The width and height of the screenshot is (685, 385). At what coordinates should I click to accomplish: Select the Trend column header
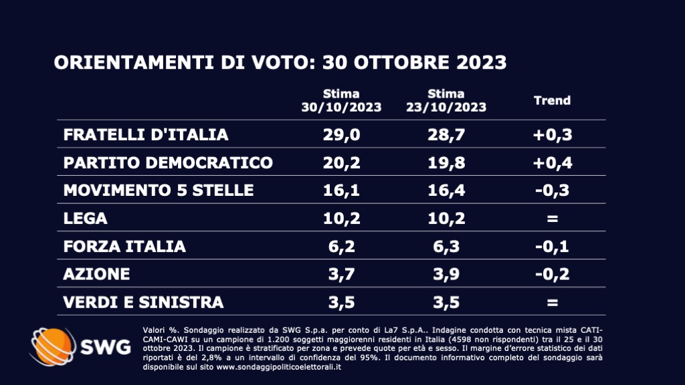tap(552, 100)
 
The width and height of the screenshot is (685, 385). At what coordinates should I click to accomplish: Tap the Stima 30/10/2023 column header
tap(341, 100)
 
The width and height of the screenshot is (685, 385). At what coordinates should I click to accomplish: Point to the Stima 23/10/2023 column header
tap(446, 100)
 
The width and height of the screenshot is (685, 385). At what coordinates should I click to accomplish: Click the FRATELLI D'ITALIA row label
tap(146, 134)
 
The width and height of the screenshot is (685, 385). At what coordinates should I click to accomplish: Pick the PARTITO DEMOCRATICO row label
tap(168, 162)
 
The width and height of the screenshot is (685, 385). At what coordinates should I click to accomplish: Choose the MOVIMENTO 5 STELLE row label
tap(159, 190)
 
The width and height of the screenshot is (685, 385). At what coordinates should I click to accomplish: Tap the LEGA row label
tap(85, 219)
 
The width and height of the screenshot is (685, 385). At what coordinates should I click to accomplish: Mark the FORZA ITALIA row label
tap(124, 247)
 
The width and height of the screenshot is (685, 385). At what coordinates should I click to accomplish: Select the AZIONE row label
tap(96, 275)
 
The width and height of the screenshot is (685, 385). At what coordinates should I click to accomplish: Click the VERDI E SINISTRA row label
tap(143, 302)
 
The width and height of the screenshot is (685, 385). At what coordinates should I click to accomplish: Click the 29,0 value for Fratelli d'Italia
tap(341, 134)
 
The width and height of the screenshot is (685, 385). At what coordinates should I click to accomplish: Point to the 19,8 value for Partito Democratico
tap(446, 162)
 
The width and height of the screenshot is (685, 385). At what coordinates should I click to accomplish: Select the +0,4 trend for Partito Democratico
tap(552, 162)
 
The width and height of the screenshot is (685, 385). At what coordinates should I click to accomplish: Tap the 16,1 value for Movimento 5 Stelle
tap(341, 190)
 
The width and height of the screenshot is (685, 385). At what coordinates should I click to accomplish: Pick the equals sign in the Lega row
tap(552, 219)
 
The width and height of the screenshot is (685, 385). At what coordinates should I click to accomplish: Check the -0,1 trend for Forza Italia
tap(552, 247)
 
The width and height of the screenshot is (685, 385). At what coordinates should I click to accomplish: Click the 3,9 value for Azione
tap(446, 275)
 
